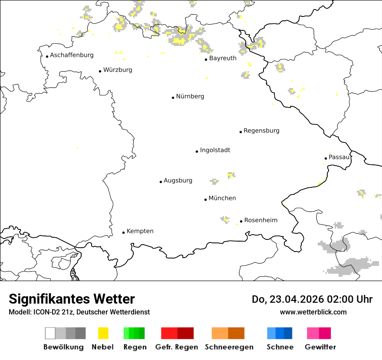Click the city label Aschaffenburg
click(x=72, y=55)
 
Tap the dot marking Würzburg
click(x=100, y=71)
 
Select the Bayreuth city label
click(x=223, y=58)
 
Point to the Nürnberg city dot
click(x=173, y=98)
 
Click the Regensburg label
click(x=261, y=131)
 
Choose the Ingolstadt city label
click(x=215, y=150)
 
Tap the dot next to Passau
click(x=326, y=158)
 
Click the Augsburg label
click(x=178, y=180)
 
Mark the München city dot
click(x=205, y=200)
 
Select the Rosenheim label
click(x=260, y=220)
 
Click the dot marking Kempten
click(x=123, y=232)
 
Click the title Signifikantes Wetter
click(x=72, y=299)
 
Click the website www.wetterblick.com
click(x=313, y=312)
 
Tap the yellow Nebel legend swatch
click(x=103, y=333)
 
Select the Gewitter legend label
click(x=320, y=347)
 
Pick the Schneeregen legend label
click(x=229, y=347)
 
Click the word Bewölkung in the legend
click(x=63, y=347)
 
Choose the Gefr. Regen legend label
click(x=176, y=347)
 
